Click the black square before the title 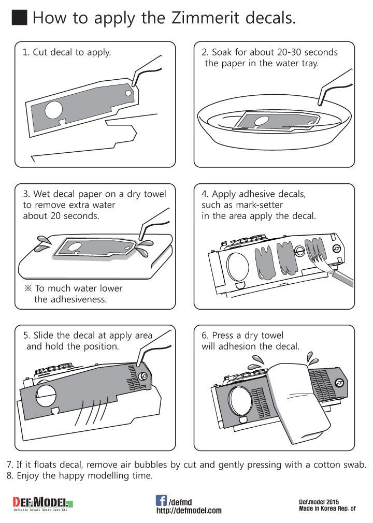coord(19,17)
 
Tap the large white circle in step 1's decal coord(53,110)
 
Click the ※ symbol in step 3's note coord(28,288)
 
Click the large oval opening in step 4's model coord(238,267)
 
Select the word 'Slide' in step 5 coord(44,335)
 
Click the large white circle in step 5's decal coord(46,396)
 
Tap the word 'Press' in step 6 coord(223,335)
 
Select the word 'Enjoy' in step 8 coord(27,476)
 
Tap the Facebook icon coord(161,500)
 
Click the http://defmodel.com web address coord(189,511)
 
